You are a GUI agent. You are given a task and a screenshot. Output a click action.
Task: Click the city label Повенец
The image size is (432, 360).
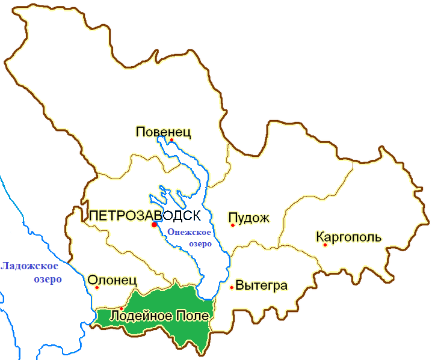click(164, 132)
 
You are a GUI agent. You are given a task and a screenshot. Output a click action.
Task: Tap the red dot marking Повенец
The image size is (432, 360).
click(171, 140)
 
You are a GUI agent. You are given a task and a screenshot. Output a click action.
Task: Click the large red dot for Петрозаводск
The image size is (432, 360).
click(154, 224)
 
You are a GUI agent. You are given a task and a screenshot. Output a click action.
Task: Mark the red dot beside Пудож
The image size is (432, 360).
click(232, 225)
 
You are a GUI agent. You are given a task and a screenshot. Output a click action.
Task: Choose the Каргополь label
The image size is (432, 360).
click(348, 236)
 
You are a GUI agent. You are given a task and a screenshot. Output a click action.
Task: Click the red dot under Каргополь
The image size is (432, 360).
click(325, 245)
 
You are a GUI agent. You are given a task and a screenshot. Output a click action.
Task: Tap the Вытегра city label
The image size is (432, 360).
click(262, 285)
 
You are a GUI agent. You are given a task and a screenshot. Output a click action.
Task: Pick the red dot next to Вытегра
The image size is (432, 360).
click(232, 287)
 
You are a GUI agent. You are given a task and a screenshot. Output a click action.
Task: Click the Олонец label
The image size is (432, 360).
click(113, 279)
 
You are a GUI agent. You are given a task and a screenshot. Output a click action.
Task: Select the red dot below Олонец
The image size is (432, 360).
click(97, 287)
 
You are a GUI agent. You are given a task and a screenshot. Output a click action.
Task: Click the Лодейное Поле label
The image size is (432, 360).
click(154, 316)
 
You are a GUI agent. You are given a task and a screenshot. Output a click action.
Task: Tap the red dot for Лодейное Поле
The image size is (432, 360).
click(122, 308)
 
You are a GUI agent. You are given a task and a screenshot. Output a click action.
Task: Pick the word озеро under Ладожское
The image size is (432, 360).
click(48, 279)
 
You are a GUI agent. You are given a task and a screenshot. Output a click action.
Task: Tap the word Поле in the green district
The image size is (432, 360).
click(193, 316)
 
